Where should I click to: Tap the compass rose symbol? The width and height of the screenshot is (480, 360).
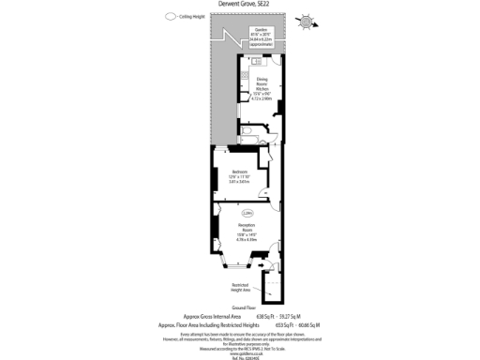[307, 20]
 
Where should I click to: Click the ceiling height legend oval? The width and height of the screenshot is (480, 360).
[170, 16]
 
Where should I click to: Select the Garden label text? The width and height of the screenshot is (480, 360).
[260, 29]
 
